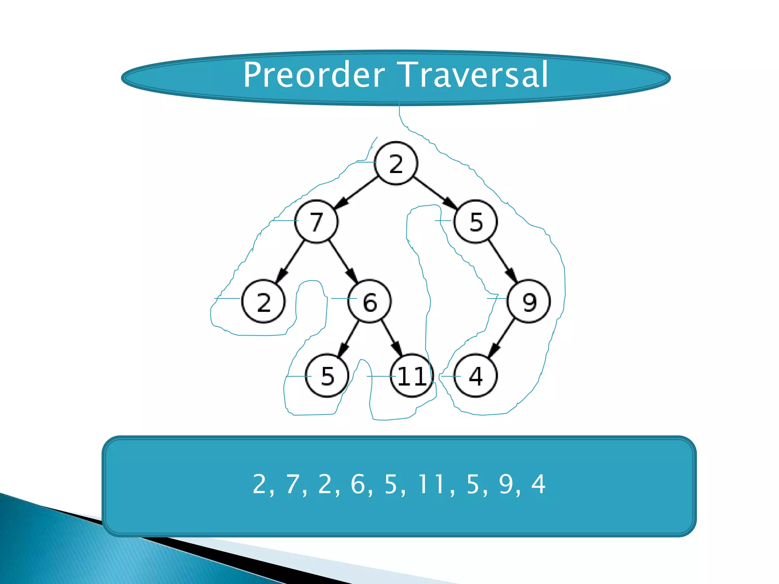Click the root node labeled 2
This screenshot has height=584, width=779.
point(396,163)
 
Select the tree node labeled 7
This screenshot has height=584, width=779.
point(316,222)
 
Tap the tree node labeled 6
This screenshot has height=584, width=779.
point(370,302)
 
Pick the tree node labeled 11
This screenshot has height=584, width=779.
point(412,376)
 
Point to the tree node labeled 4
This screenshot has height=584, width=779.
point(475,376)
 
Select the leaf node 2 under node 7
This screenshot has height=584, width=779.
point(263,302)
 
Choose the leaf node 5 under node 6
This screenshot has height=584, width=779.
point(327,376)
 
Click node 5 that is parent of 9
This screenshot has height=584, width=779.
point(476,222)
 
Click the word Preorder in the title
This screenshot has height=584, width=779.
point(314,75)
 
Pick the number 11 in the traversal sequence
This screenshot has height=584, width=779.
point(431,484)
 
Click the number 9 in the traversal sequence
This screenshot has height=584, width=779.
point(506,484)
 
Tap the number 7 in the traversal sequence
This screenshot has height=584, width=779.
point(293,484)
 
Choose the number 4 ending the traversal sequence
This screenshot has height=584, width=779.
point(538,484)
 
